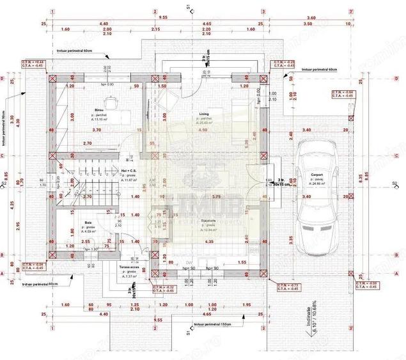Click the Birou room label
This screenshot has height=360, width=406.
[x=98, y=110]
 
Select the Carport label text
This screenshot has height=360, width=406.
[x=316, y=175]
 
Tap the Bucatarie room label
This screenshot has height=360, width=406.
[x=208, y=219]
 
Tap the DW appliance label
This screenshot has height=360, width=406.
[x=189, y=262]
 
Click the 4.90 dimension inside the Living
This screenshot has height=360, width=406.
[x=203, y=130]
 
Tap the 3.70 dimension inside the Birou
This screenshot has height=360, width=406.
[x=97, y=130]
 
